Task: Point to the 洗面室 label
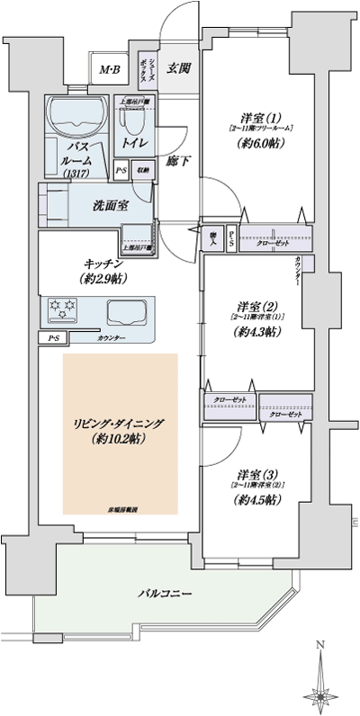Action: click(109, 205)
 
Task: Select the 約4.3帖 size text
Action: click(256, 331)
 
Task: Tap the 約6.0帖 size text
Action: click(256, 142)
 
